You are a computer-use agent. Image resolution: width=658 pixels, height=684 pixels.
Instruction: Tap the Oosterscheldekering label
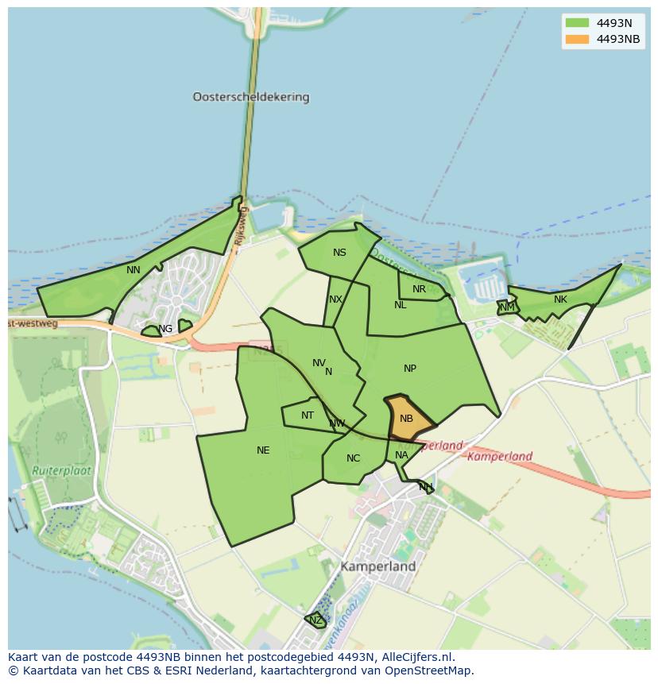pyautogui.click(x=250, y=97)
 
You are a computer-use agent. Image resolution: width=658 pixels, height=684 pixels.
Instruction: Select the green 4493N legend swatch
pyautogui.click(x=576, y=22)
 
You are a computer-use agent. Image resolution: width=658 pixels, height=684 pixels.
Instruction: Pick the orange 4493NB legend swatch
pyautogui.click(x=576, y=39)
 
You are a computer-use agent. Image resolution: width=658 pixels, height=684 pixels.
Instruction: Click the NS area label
pyautogui.click(x=339, y=253)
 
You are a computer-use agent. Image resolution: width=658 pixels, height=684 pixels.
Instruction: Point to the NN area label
pyautogui.click(x=134, y=270)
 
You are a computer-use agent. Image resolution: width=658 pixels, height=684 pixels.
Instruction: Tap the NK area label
pyautogui.click(x=560, y=299)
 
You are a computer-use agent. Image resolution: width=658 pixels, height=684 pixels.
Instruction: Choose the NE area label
pyautogui.click(x=263, y=450)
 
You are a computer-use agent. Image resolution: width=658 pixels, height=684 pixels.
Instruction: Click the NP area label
pyautogui.click(x=410, y=368)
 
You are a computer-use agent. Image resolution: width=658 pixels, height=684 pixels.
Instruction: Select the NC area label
pyautogui.click(x=354, y=458)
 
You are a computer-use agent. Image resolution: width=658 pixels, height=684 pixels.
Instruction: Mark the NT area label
pyautogui.click(x=308, y=415)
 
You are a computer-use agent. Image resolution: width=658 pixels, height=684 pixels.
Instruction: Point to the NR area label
pyautogui.click(x=419, y=289)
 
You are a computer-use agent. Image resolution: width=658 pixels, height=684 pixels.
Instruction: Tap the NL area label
pyautogui.click(x=400, y=305)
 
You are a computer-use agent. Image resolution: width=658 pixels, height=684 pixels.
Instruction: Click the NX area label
pyautogui.click(x=335, y=299)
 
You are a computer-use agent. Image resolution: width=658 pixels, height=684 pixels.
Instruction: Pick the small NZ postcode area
pyautogui.click(x=315, y=620)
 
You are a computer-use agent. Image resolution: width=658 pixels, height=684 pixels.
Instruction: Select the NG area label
pyautogui.click(x=165, y=329)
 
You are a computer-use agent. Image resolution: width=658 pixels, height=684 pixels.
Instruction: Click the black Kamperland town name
pyautogui.click(x=378, y=567)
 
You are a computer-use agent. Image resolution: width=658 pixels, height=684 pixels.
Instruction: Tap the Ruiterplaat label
pyautogui.click(x=62, y=470)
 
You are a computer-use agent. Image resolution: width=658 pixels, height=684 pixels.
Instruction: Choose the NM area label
pyautogui.click(x=507, y=307)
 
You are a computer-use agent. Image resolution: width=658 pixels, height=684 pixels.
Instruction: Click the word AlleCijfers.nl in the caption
pyautogui.click(x=418, y=657)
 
